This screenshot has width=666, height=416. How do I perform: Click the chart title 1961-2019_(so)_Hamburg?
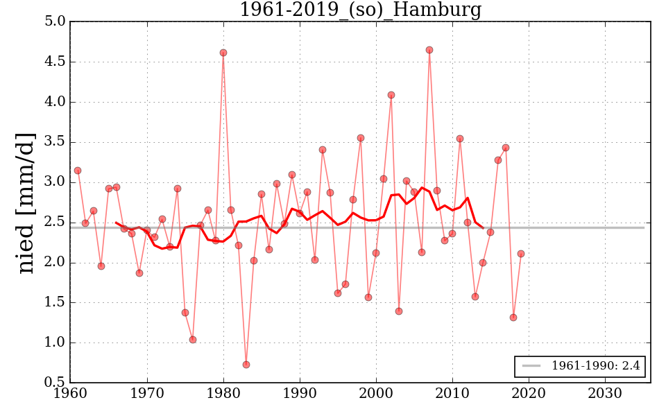(360, 10)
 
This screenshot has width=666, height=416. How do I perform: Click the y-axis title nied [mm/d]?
(26, 202)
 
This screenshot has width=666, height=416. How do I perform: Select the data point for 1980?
(223, 53)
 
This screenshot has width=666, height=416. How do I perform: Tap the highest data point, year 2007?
(429, 50)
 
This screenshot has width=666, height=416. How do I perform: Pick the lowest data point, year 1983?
(246, 365)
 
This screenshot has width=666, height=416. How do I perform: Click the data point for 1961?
(78, 171)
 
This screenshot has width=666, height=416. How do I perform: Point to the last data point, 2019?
(521, 254)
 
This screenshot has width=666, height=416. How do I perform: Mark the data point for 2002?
(391, 95)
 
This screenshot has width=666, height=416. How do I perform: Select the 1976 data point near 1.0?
(193, 340)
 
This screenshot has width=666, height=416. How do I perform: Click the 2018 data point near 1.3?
(513, 318)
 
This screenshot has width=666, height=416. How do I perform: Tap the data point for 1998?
(361, 138)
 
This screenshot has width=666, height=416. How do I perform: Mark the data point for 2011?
(460, 139)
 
